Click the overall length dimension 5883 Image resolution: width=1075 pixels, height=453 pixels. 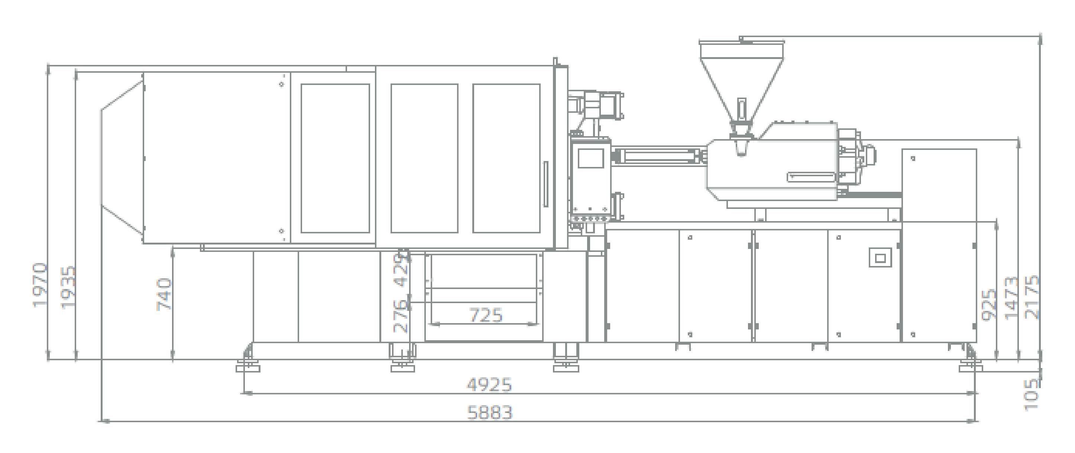489,413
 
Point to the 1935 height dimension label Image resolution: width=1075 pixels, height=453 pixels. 69,287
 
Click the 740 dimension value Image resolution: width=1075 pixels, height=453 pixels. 164,295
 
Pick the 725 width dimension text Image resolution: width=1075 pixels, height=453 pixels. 486,315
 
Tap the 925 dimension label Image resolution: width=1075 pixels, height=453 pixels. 989,304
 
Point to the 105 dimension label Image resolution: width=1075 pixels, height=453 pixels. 1032,394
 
